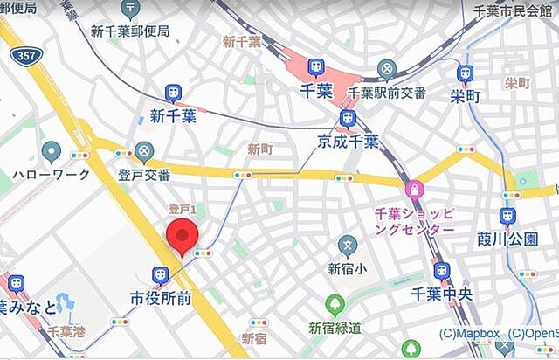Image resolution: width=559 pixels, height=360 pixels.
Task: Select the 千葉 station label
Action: pos(315,90)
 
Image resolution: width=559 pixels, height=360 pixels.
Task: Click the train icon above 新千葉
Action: pos(173,93)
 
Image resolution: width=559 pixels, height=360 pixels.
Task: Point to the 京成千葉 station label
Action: pos(348,142)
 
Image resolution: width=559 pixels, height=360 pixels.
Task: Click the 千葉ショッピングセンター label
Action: pos(415,219)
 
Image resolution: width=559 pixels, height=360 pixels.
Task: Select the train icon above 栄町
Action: pos(465,73)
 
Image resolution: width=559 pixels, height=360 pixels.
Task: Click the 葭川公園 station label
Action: pos(507,239)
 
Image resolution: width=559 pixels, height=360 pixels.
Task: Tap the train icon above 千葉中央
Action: pos(442,272)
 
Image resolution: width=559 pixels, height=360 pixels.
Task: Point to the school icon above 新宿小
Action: pos(349,245)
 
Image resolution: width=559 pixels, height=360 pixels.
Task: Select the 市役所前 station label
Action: pos(161,298)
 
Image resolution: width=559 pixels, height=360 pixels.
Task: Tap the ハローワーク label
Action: pos(52,174)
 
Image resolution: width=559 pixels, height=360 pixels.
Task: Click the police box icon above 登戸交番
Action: pos(144,152)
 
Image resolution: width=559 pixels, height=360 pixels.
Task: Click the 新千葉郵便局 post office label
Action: pos(130,31)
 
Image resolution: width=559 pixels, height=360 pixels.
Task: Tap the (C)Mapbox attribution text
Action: pos(470,333)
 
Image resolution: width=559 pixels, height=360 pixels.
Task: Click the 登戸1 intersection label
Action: pos(183,210)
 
